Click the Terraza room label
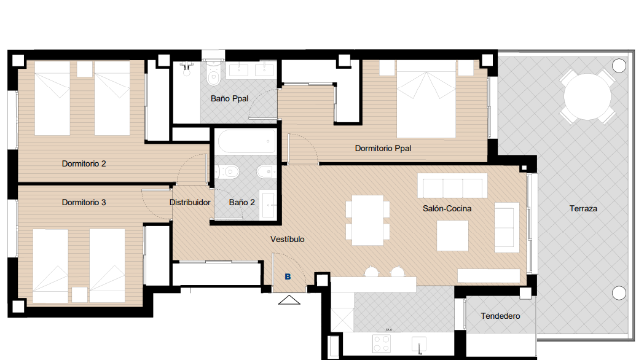click(583, 208)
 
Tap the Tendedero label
click(500, 316)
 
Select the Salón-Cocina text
click(447, 208)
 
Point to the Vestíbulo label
click(287, 239)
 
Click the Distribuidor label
click(190, 202)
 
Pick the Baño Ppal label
click(230, 98)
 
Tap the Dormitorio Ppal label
click(383, 149)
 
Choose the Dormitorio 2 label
click(84, 164)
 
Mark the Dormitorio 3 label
click(84, 202)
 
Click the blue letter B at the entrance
click(288, 276)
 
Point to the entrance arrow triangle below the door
click(289, 300)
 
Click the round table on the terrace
click(587, 96)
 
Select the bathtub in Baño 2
click(245, 142)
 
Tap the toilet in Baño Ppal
click(213, 74)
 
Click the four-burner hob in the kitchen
click(382, 343)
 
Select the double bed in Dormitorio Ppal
click(426, 99)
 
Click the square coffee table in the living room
click(453, 235)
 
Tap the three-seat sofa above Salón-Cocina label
click(453, 186)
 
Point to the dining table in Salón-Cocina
click(367, 220)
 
